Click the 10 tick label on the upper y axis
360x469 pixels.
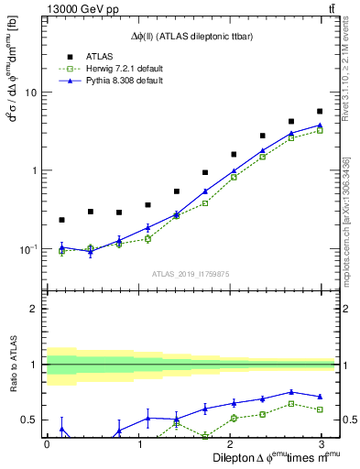tap(30, 93)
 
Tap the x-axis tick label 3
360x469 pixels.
tap(321, 443)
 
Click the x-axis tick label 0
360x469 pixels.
tap(47, 443)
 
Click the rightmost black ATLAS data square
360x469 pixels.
tap(319, 112)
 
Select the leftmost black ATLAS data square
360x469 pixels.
tap(61, 220)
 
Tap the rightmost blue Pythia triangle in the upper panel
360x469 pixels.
tap(319, 125)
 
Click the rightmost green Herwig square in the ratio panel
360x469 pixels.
tap(319, 409)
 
